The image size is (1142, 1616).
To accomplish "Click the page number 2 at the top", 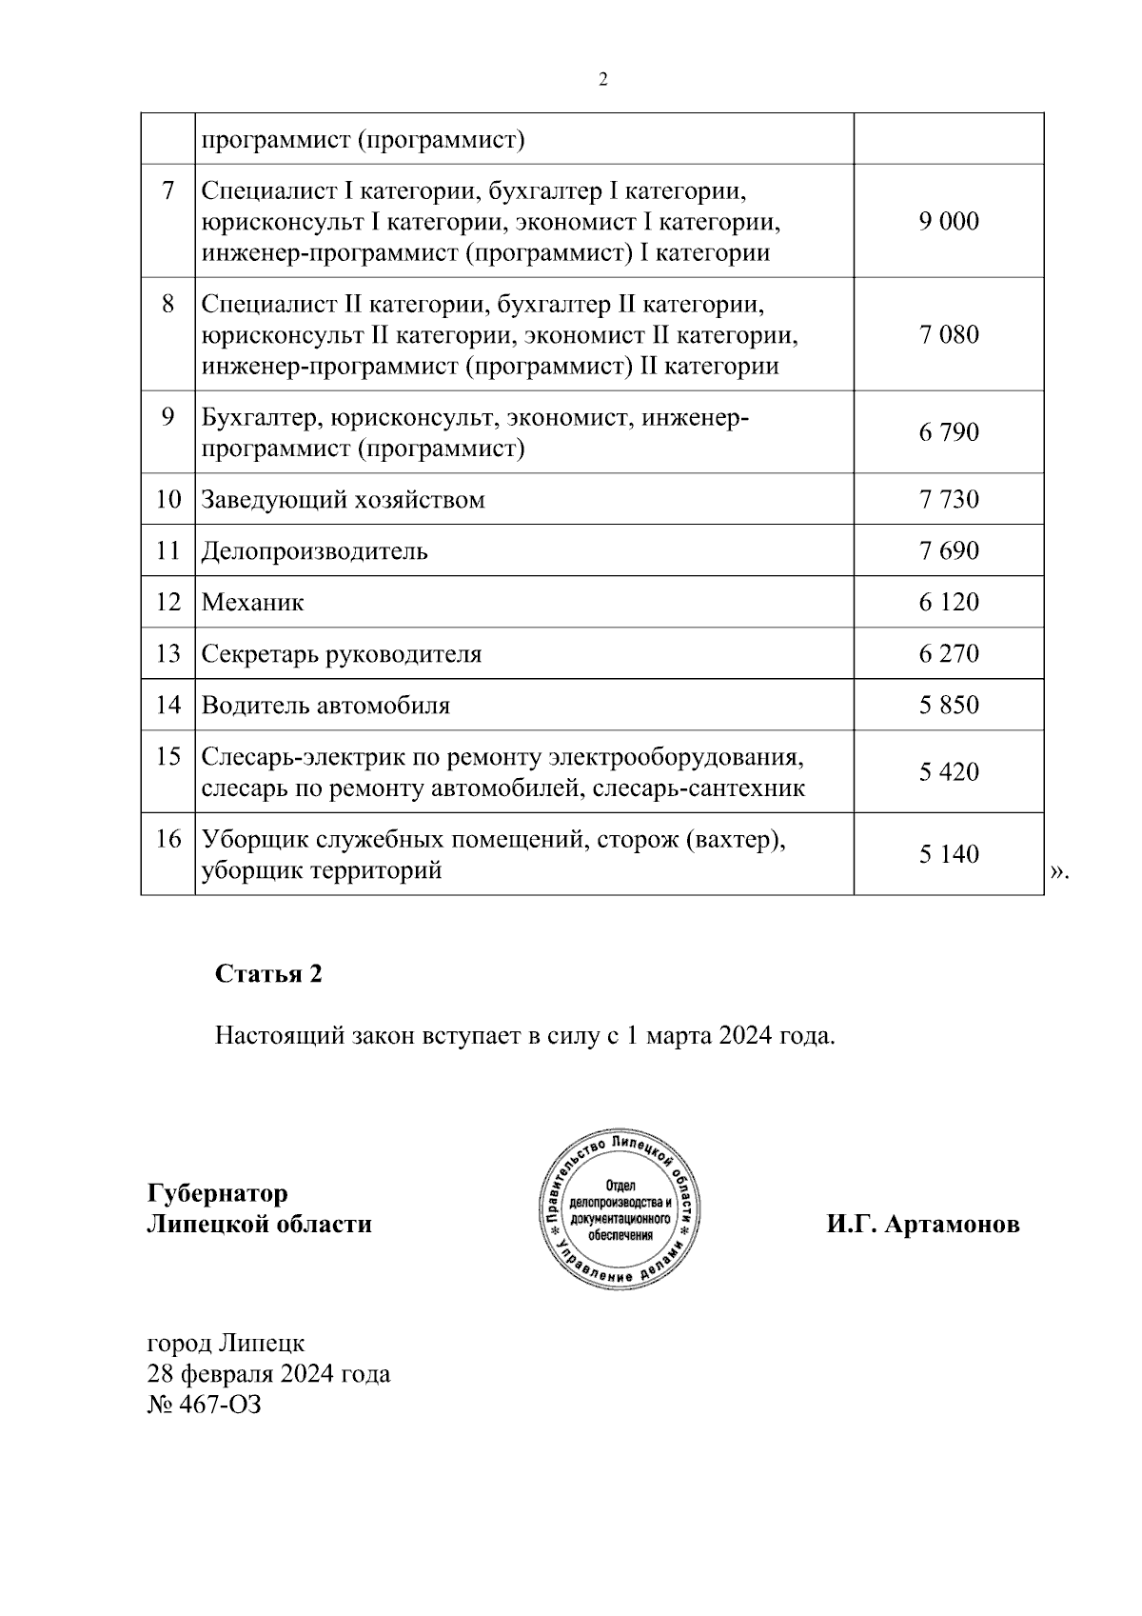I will pos(602,80).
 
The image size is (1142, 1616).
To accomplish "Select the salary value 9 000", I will pos(948,222).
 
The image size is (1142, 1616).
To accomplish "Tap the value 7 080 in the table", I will pos(948,335).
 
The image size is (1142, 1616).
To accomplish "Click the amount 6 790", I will pos(948,433).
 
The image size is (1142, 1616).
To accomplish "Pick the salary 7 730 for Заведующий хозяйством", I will pos(948,500).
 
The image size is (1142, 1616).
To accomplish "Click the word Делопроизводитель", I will pos(314,551).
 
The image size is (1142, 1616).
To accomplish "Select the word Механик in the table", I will pos(252,603).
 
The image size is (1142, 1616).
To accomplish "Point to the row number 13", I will pos(167,654).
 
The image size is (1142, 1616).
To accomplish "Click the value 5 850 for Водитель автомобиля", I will pos(948,706).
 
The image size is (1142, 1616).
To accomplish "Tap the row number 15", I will pos(167,757).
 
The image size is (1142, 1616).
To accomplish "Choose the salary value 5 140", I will pos(948,855).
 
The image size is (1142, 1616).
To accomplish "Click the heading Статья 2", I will pos(268,974).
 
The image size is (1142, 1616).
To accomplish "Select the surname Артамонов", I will pos(952,1225).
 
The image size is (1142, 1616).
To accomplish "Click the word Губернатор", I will pos(217,1193).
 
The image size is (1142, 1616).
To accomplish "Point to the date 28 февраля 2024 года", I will pos(268,1374).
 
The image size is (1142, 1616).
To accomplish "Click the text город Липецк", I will pos(226,1344).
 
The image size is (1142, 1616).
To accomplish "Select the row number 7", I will pos(167,191).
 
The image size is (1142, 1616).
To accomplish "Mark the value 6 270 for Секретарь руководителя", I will pos(948,654).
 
